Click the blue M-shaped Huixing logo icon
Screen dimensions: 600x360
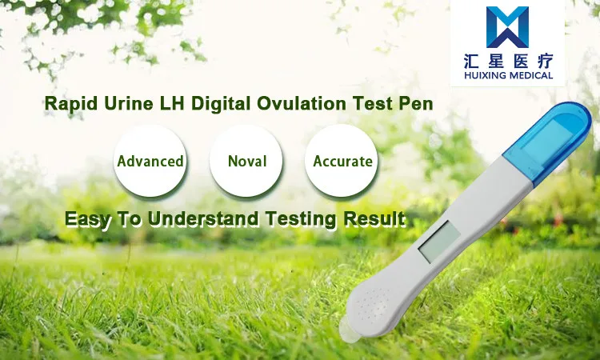tap(507, 26)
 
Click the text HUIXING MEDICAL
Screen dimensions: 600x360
tap(509, 75)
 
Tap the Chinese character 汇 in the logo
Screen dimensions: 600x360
tap(473, 61)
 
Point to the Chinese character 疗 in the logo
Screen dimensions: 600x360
tap(545, 61)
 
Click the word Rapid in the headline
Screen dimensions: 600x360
tap(70, 104)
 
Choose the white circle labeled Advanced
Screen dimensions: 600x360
tap(150, 161)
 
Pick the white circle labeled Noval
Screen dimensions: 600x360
tap(246, 161)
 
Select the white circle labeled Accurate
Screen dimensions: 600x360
tap(342, 161)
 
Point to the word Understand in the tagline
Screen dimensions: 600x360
tap(203, 219)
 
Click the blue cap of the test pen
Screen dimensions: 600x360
tap(548, 142)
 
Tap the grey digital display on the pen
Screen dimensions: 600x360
tap(440, 242)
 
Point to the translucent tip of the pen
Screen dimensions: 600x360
tap(349, 330)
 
